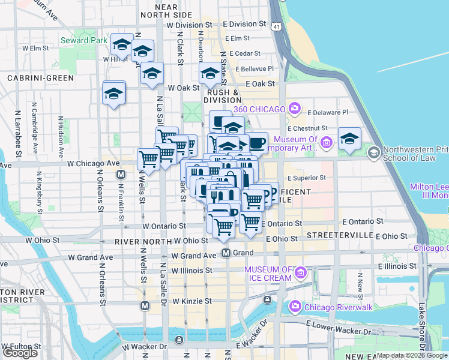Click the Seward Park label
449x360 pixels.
click(x=84, y=41)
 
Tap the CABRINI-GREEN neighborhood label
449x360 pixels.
click(x=40, y=78)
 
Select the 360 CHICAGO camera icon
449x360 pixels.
click(x=294, y=108)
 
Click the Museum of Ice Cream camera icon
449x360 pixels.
click(x=301, y=274)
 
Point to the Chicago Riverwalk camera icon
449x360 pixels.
click(x=295, y=307)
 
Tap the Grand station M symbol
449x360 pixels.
click(x=226, y=253)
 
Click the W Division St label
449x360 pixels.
click(x=190, y=25)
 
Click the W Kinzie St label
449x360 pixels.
click(x=191, y=301)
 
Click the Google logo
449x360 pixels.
click(x=20, y=353)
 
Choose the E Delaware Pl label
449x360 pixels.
click(x=327, y=112)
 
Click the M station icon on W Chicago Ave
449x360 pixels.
click(x=121, y=174)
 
